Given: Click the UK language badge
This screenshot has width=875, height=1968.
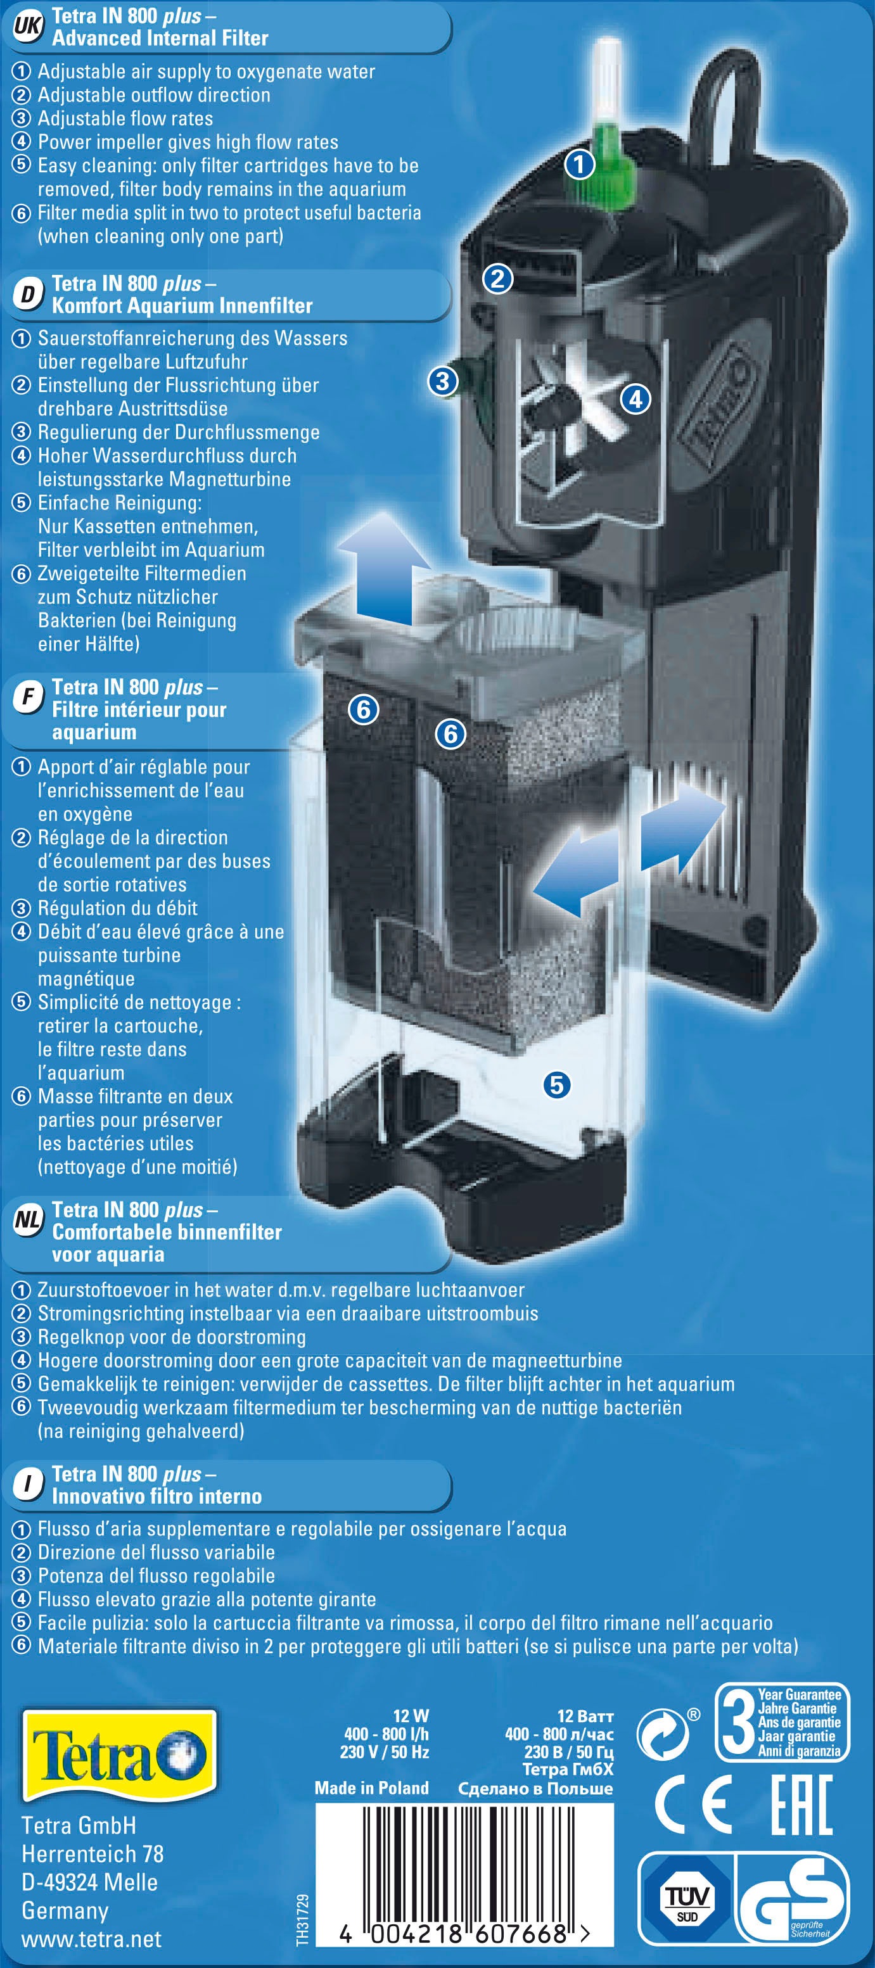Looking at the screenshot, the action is [x=27, y=27].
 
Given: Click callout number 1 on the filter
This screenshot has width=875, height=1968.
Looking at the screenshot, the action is [x=579, y=163].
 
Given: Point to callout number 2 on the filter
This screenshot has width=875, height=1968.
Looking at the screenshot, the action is [x=497, y=279].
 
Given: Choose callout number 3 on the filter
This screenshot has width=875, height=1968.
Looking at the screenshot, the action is [x=442, y=381].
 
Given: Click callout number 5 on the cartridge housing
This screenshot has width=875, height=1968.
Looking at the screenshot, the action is [x=556, y=1084].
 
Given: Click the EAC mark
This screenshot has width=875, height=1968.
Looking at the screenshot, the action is [x=801, y=1805].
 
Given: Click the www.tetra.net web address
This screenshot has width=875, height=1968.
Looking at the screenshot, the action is [x=91, y=1939].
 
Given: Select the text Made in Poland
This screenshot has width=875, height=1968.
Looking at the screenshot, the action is [x=371, y=1787].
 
